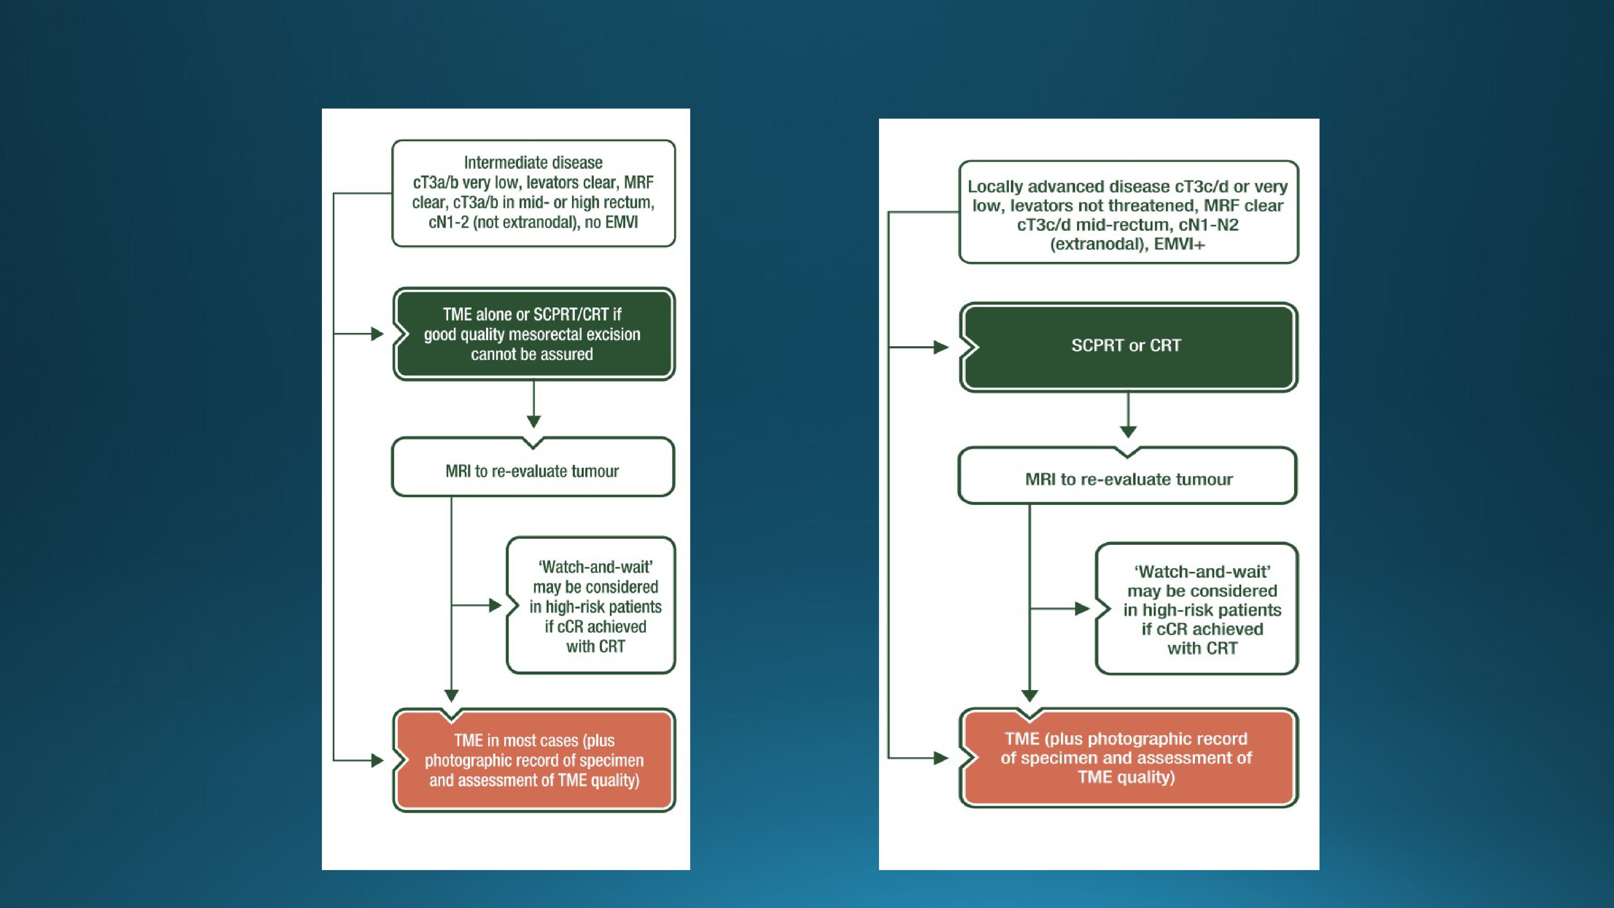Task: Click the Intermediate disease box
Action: tap(533, 193)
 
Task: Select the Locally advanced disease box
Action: tap(1128, 212)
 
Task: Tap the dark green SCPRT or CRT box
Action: tap(1128, 347)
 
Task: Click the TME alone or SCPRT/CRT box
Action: tap(533, 334)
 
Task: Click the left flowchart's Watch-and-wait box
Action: tap(591, 605)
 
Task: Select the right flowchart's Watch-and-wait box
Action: tap(1197, 609)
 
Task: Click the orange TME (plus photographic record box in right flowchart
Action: tap(1128, 757)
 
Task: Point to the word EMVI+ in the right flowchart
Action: tap(1179, 244)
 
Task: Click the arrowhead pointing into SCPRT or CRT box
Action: tap(941, 347)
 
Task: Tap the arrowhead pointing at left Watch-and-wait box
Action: tap(495, 605)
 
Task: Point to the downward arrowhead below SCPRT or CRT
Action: tap(1128, 432)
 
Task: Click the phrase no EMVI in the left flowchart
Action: tap(611, 222)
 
